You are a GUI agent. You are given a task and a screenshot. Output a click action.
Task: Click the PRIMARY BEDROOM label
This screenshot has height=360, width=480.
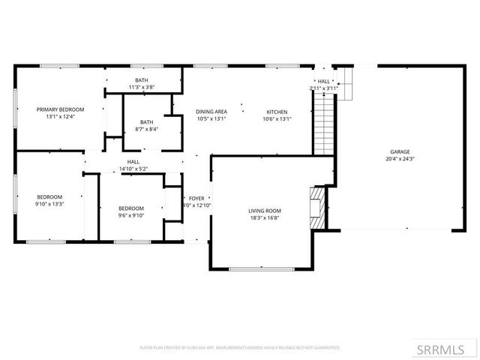(61, 109)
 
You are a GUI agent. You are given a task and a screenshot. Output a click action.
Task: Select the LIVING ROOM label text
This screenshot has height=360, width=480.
(264, 211)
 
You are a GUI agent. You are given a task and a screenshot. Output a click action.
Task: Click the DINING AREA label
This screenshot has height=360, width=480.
(211, 111)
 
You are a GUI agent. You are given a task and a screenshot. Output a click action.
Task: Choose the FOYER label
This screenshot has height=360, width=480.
(196, 198)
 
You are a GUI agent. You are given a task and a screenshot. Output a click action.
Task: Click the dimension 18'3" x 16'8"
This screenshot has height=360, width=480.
(264, 219)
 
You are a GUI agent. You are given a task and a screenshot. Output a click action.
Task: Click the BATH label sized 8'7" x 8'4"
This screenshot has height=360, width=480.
(146, 122)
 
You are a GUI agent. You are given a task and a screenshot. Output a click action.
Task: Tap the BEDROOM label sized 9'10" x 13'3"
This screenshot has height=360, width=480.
(49, 196)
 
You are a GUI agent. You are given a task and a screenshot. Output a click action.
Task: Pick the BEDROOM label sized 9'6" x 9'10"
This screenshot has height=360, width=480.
(131, 208)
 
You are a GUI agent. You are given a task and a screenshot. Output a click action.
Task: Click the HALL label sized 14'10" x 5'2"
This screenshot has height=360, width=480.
(133, 162)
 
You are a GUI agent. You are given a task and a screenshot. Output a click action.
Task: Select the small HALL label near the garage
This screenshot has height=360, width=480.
(324, 81)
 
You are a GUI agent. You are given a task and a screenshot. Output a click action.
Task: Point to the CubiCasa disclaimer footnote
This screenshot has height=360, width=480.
(240, 348)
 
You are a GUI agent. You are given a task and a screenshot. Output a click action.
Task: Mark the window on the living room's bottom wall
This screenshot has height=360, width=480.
(261, 268)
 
